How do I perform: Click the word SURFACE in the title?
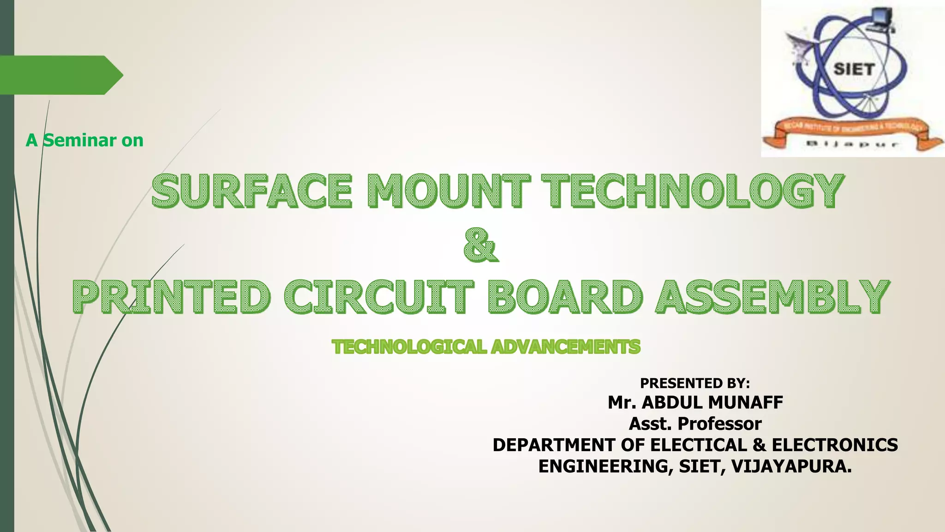coord(251,190)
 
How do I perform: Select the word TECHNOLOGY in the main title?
coord(692,190)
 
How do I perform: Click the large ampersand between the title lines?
coord(480,245)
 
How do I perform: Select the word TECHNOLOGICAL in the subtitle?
coord(409,347)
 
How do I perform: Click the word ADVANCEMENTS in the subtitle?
coord(566,347)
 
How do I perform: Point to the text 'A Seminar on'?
coord(84,140)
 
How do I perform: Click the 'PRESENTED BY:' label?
coord(695,383)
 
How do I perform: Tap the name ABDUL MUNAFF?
coord(712,403)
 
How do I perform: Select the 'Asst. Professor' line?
coord(695,423)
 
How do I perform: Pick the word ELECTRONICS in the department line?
coord(835,445)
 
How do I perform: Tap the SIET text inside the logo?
coord(854,69)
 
